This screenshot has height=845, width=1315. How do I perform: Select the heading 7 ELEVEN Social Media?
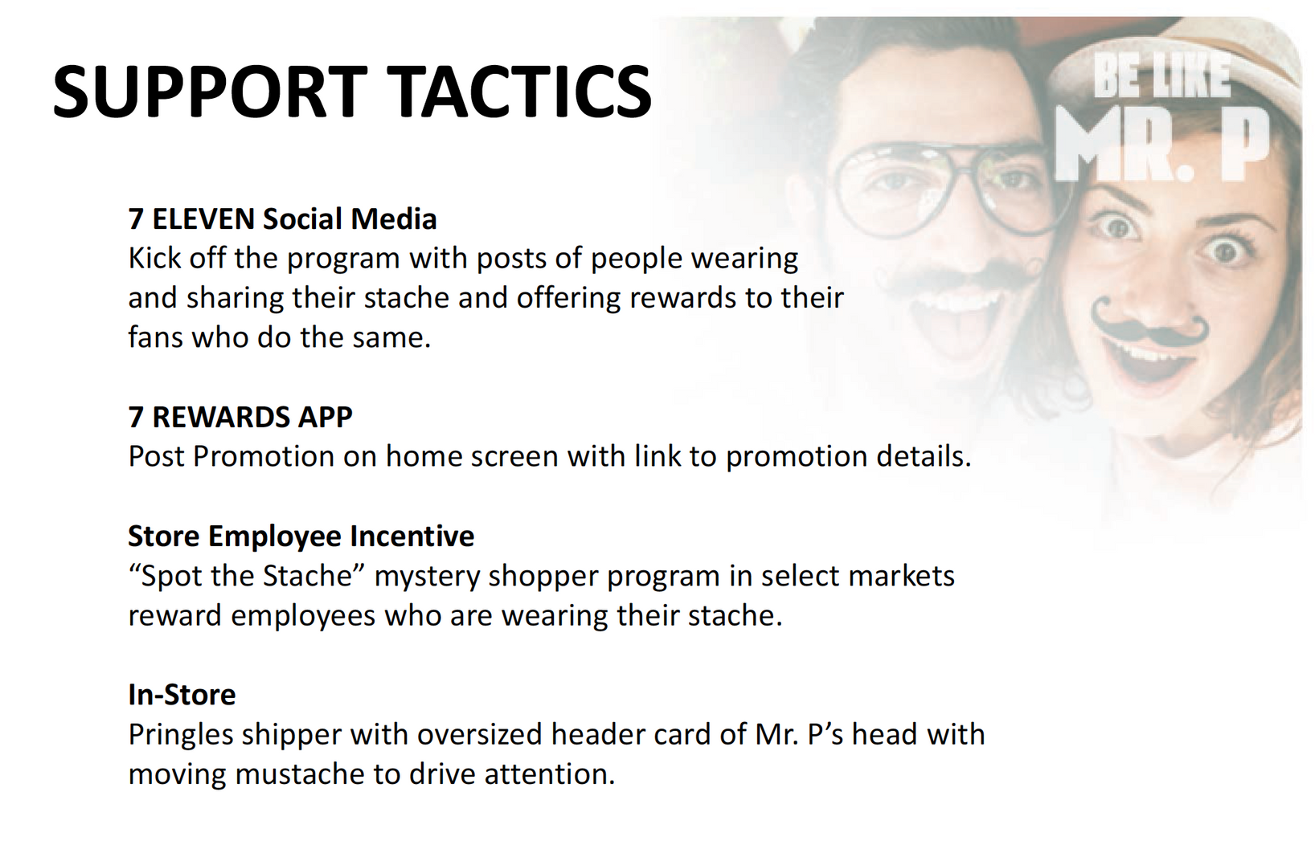[282, 218]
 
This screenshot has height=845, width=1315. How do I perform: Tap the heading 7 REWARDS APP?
[240, 417]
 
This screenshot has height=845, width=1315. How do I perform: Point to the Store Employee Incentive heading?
[301, 537]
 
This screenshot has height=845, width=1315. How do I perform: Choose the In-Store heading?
[182, 695]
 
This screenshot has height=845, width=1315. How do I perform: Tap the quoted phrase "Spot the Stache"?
[247, 576]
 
